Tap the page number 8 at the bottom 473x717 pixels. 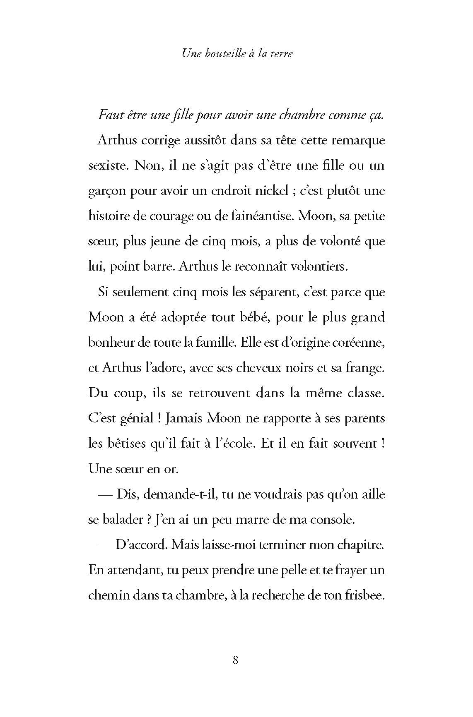coord(236,671)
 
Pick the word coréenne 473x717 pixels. coord(360,343)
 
